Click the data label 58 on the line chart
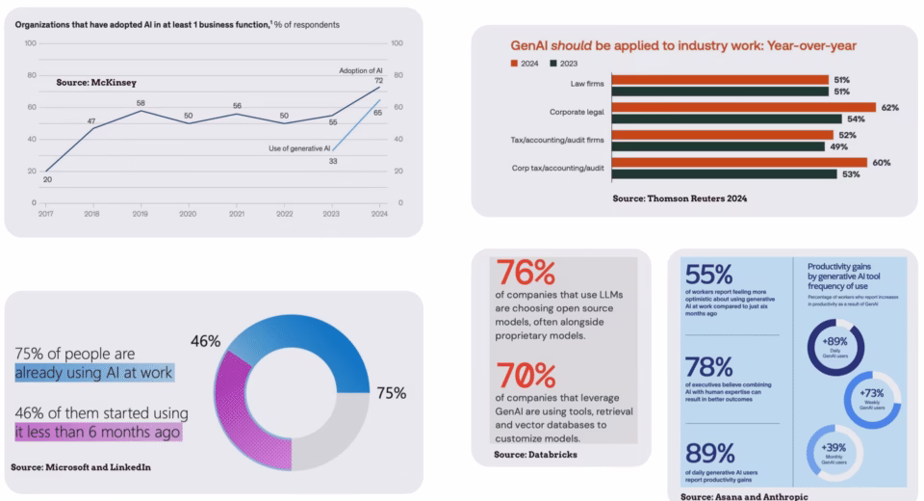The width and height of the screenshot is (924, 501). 141,103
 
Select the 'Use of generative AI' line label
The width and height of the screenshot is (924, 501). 299,147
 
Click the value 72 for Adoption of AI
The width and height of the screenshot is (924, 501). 378,82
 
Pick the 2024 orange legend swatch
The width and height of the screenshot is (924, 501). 513,64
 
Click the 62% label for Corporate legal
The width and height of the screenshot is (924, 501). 889,108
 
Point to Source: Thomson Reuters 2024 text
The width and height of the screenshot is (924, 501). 680,198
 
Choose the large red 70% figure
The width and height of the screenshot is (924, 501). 524,374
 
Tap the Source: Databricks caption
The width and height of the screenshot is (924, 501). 535,453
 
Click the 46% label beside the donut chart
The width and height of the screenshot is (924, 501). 205,340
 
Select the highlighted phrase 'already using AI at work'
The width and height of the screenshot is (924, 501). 93,372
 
